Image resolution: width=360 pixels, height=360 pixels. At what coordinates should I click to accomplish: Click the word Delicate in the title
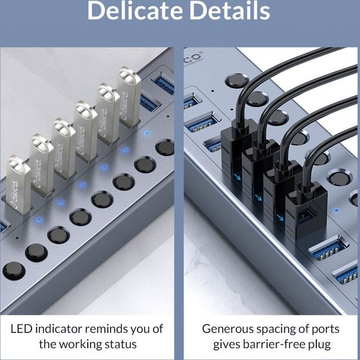[135, 11]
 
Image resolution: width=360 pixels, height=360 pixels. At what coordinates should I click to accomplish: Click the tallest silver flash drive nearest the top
[129, 97]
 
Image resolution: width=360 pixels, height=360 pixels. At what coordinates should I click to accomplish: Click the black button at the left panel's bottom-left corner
[14, 271]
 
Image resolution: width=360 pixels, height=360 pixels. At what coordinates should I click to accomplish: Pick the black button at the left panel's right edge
[165, 147]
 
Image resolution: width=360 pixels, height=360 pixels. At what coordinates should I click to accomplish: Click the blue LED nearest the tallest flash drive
[147, 133]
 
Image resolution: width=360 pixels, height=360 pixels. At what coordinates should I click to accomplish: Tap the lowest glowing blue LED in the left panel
[39, 220]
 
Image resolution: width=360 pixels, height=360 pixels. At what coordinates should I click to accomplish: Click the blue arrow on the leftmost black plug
[237, 177]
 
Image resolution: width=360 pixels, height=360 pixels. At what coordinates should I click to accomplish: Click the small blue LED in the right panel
[336, 210]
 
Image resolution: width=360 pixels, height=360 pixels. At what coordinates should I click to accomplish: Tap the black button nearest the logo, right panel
[237, 80]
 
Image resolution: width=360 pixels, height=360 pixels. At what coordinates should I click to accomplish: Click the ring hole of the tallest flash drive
[126, 75]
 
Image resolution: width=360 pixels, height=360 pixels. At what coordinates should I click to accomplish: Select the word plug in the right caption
[319, 344]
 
